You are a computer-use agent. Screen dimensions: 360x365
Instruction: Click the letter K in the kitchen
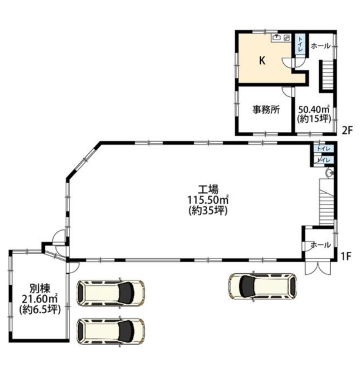(263, 61)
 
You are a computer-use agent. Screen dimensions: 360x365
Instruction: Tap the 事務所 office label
(266, 109)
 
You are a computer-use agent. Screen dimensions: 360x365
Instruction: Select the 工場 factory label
(208, 189)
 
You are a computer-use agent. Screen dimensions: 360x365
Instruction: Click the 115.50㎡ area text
(208, 200)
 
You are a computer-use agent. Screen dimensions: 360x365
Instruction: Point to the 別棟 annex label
(40, 289)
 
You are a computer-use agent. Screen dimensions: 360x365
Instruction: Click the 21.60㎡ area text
(40, 299)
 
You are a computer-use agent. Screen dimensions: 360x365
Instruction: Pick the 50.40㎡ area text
(314, 109)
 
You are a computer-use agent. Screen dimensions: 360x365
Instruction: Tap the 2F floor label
(347, 130)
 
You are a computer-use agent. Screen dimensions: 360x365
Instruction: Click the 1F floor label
(346, 256)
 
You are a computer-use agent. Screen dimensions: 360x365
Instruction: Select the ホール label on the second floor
(321, 46)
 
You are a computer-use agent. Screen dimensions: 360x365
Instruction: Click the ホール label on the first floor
(321, 245)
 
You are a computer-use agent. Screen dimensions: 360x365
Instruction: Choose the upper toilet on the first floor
(323, 149)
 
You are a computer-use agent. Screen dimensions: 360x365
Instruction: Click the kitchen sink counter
(281, 38)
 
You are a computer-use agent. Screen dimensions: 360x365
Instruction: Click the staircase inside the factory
(326, 202)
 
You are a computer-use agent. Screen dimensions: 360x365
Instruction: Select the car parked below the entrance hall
(263, 286)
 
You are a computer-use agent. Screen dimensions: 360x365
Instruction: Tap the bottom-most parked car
(111, 331)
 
